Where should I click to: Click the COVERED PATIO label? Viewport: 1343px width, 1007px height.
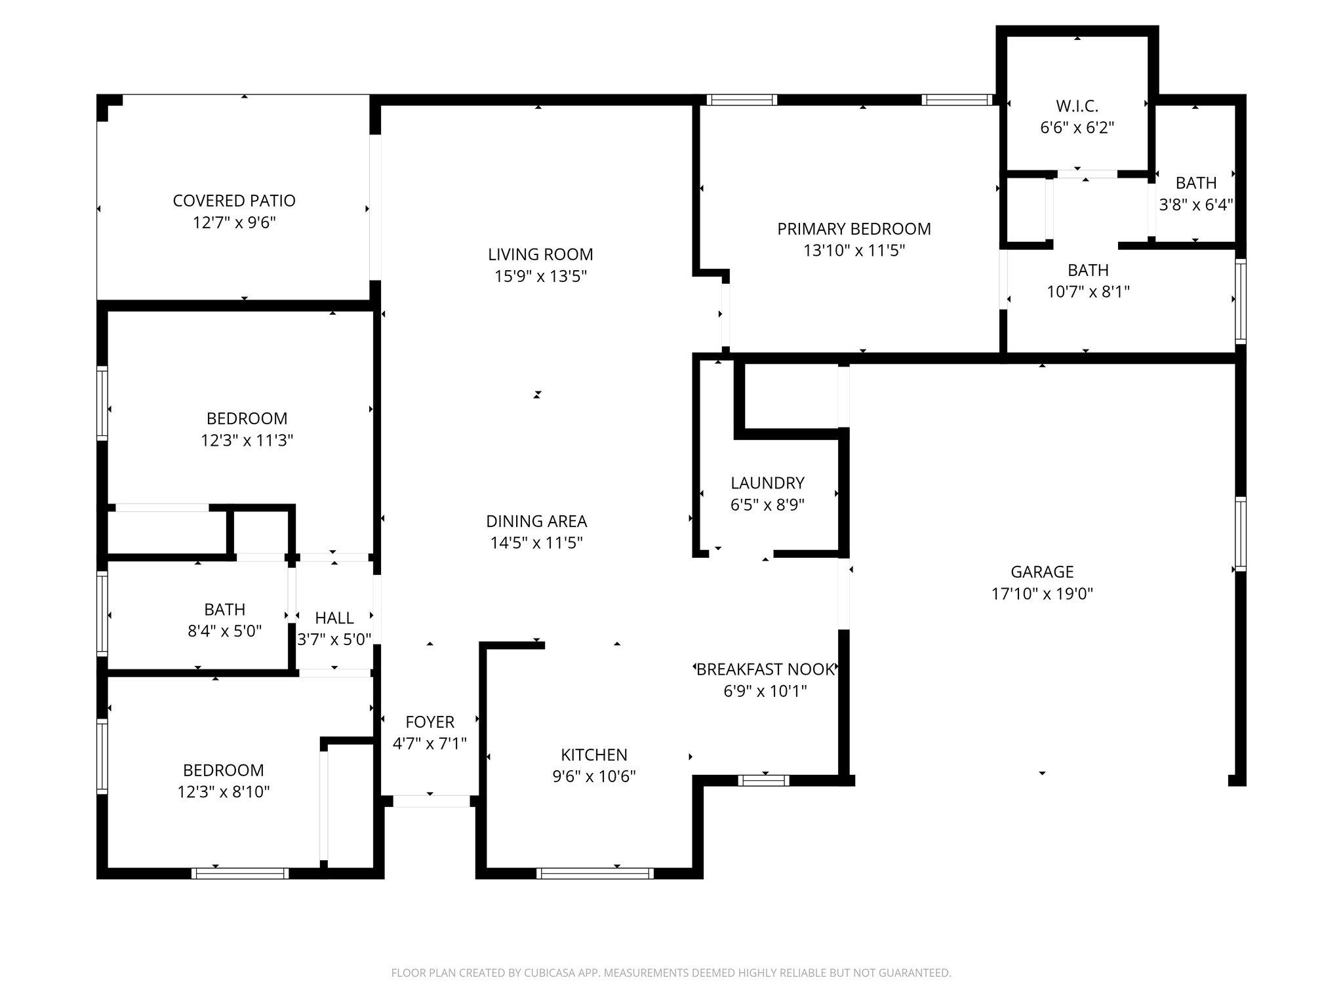[x=234, y=201]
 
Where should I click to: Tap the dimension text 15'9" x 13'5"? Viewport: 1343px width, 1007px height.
[x=540, y=277]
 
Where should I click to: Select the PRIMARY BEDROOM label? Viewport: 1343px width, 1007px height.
[x=854, y=229]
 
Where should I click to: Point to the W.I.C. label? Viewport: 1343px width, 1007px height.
[x=1077, y=106]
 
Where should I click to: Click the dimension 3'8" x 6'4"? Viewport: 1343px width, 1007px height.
[x=1196, y=205]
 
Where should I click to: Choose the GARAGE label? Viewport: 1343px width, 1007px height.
[x=1042, y=572]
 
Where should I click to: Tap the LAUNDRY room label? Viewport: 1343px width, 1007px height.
[x=767, y=483]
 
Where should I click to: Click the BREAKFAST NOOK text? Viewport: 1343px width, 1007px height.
[x=765, y=669]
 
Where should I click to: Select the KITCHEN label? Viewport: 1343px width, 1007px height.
[x=594, y=755]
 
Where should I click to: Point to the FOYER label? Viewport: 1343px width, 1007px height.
[x=430, y=722]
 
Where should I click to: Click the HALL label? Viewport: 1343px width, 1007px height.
[x=334, y=618]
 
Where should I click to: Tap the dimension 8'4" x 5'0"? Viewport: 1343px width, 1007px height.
[x=225, y=631]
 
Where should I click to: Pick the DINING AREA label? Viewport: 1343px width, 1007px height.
[x=536, y=521]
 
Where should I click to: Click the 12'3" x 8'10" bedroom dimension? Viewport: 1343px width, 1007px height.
[x=224, y=792]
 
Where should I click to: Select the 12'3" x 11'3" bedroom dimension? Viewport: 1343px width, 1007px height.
[x=247, y=440]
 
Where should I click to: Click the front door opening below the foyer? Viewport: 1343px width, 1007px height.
[x=431, y=800]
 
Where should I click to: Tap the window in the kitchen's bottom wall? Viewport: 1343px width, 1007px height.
[x=595, y=873]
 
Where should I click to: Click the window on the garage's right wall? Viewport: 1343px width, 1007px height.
[x=1240, y=534]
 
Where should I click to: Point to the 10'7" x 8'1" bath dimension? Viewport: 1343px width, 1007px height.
[x=1088, y=292]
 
